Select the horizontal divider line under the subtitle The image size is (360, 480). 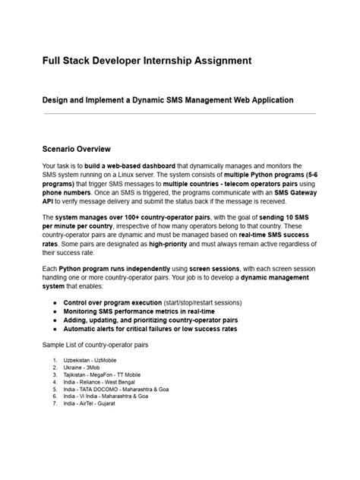[179, 114]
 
